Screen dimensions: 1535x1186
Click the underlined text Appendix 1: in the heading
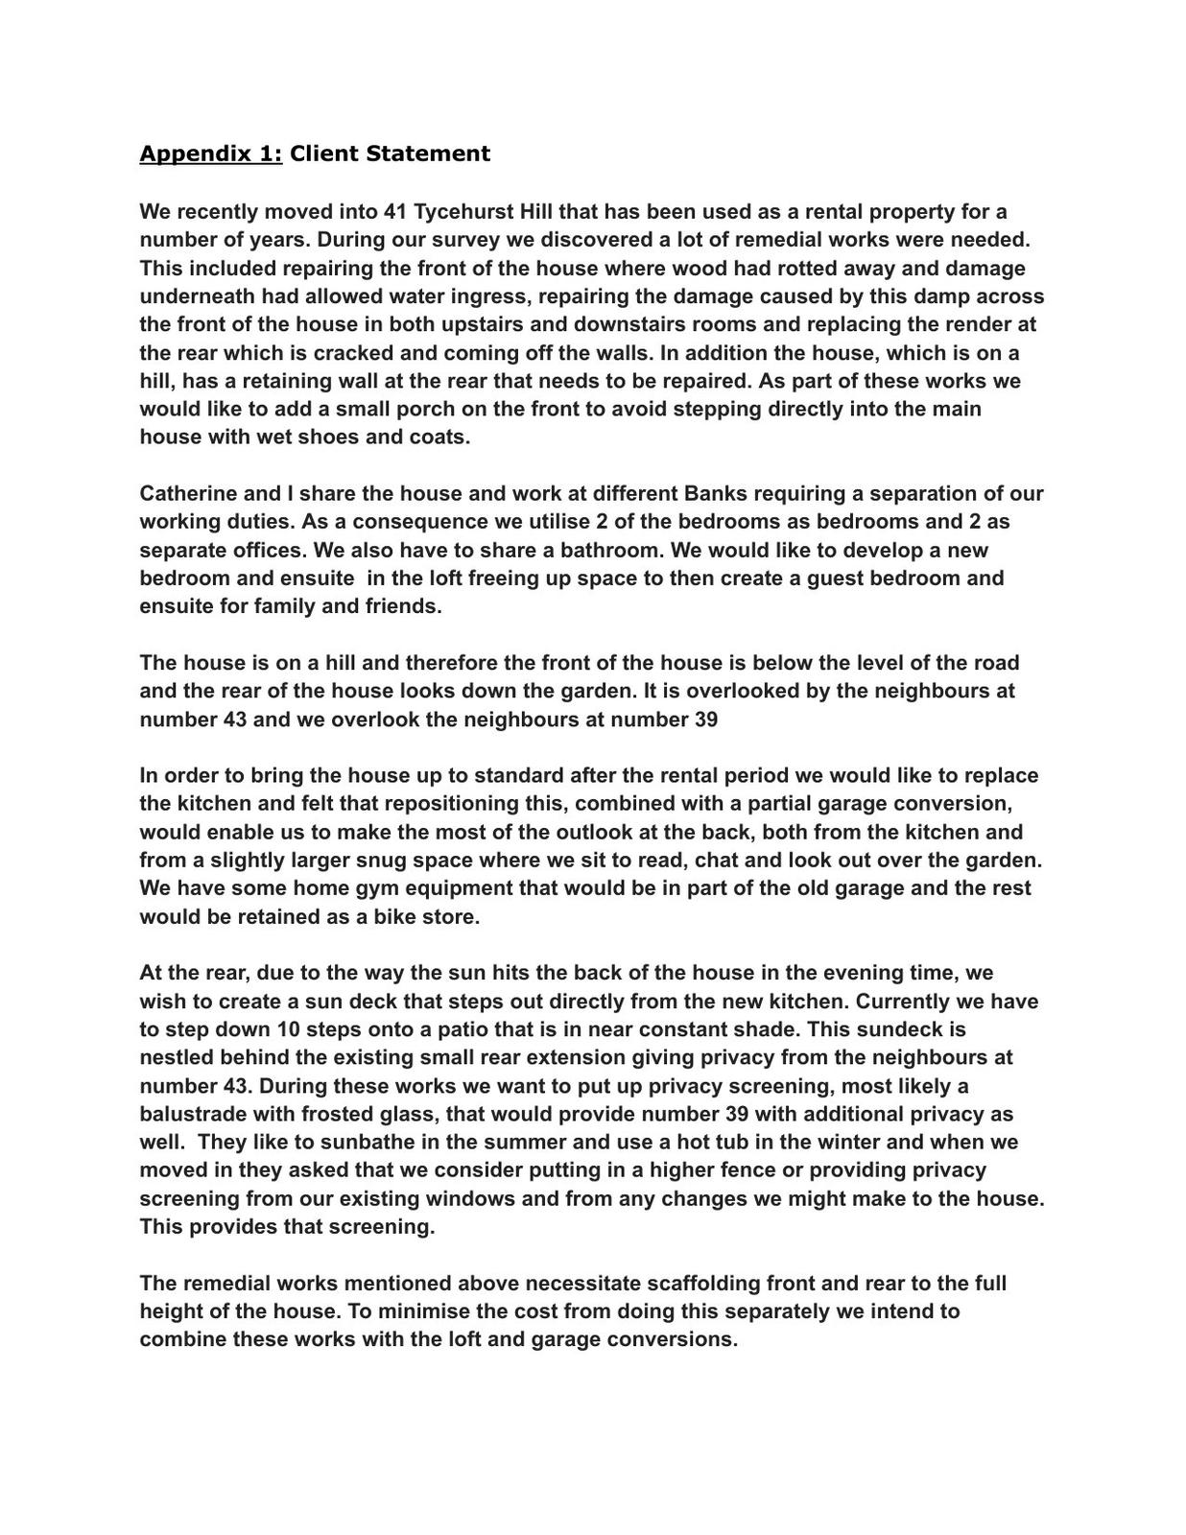pyautogui.click(x=211, y=153)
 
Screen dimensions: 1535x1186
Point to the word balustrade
pyautogui.click(x=191, y=1114)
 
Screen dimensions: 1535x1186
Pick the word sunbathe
pyautogui.click(x=372, y=1142)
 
